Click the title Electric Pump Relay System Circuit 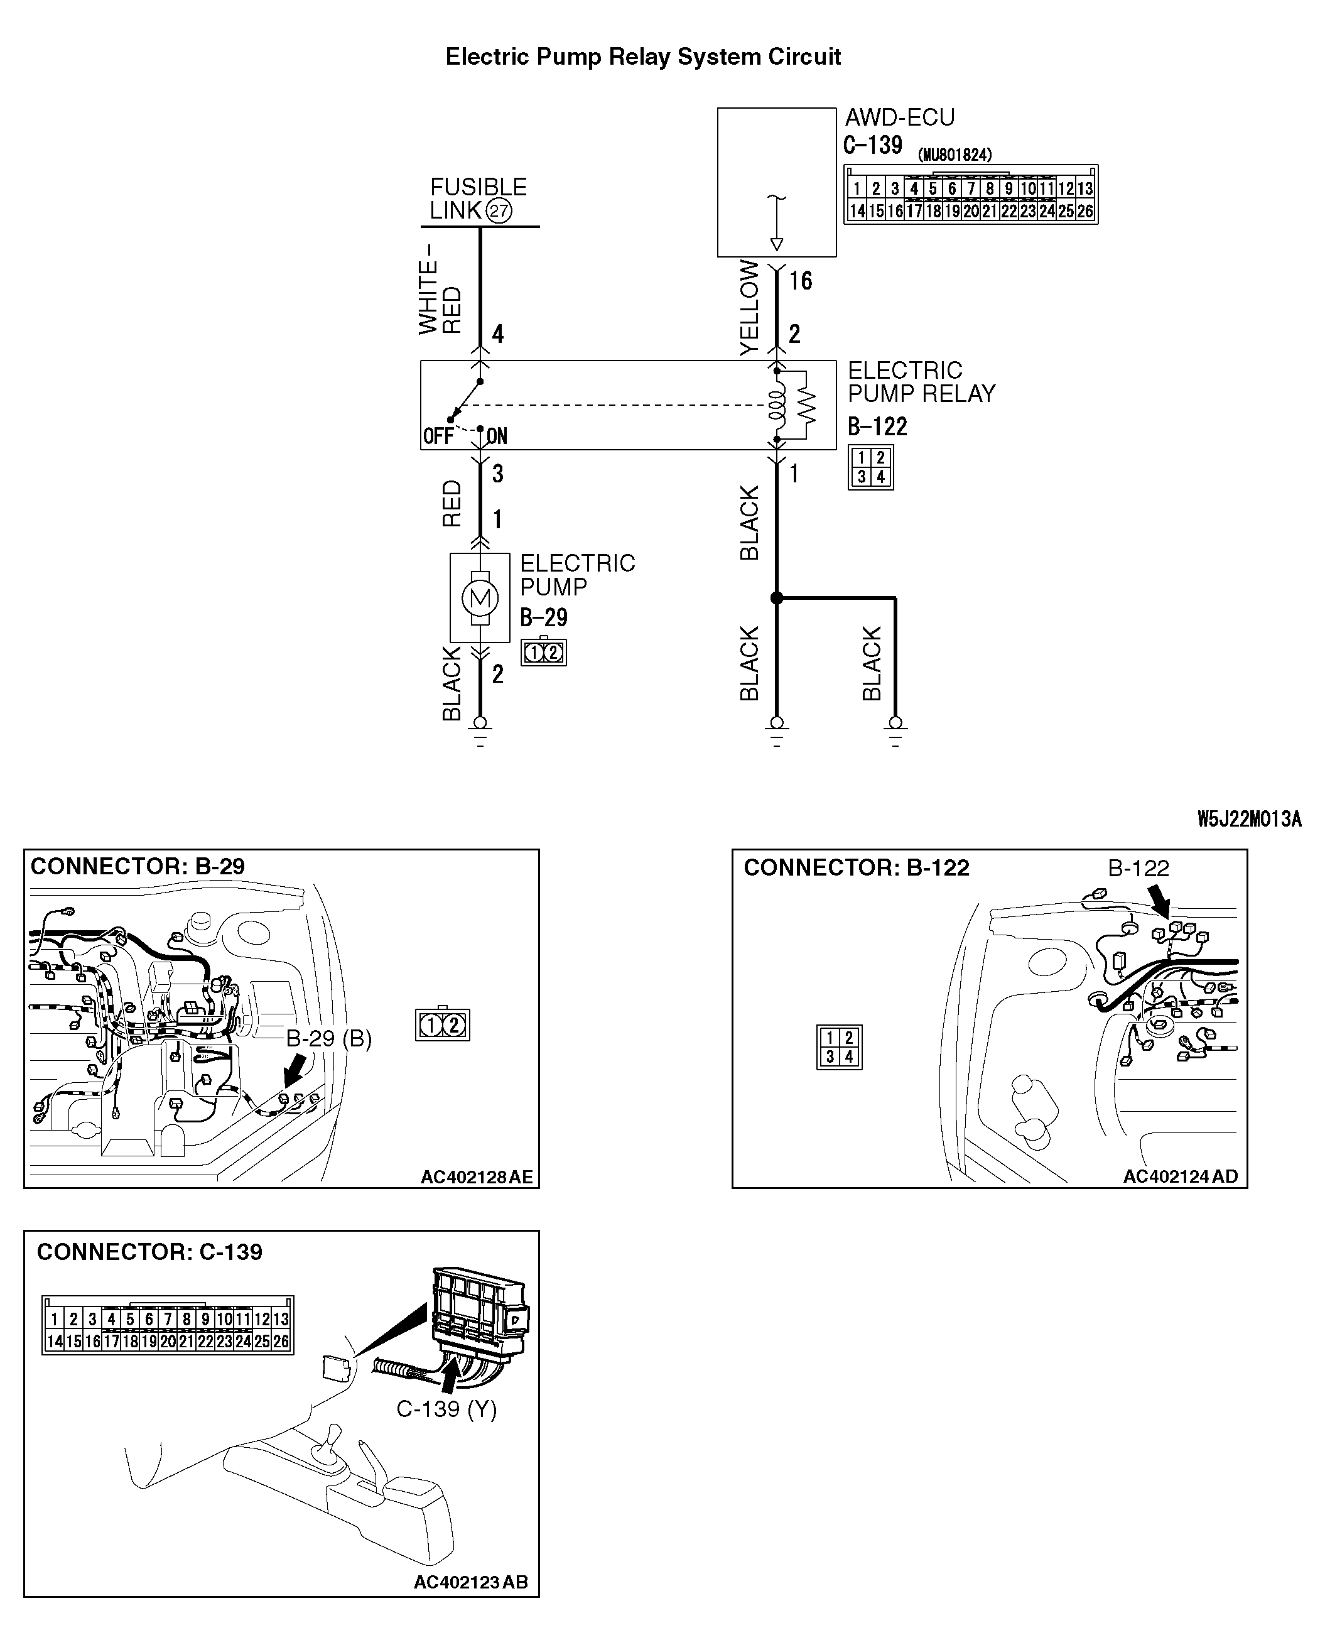pos(642,57)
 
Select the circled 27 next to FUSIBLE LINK pos(499,210)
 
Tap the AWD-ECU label pos(899,117)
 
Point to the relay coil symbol pos(776,404)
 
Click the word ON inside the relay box pos(497,436)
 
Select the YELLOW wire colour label pos(750,308)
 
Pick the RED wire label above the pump pos(452,504)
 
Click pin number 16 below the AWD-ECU pos(801,281)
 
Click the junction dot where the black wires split pos(776,599)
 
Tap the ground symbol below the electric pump pos(480,731)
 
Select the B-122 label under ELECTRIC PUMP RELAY pos(877,426)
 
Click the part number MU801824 pos(955,155)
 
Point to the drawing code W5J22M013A pos(1248,820)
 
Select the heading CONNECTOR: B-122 pos(856,868)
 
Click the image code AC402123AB pos(470,1582)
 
